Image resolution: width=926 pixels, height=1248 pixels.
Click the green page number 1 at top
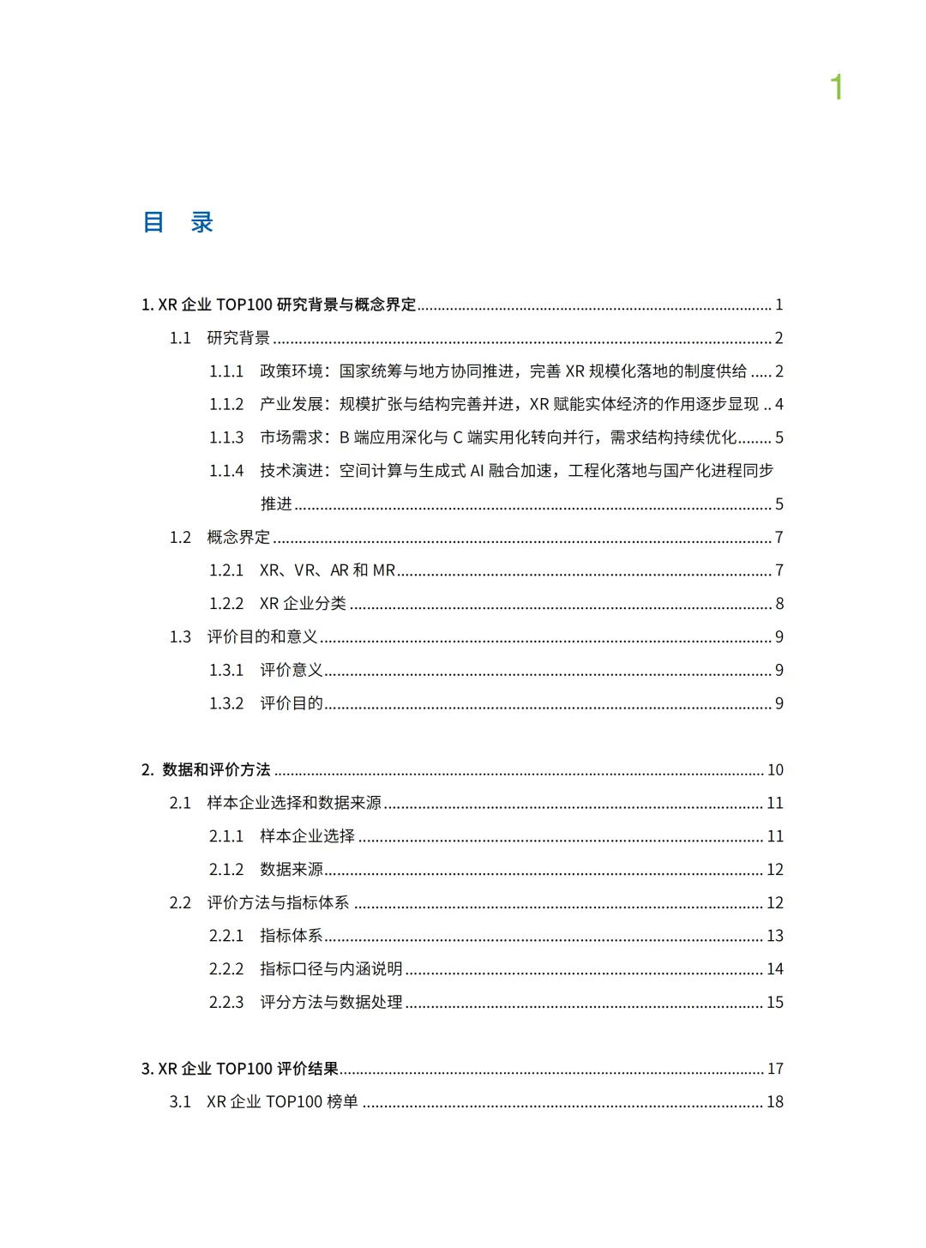[837, 87]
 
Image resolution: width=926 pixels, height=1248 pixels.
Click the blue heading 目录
[177, 222]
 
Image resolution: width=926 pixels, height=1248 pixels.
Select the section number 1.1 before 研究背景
[180, 338]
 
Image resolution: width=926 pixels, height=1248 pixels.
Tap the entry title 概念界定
[238, 537]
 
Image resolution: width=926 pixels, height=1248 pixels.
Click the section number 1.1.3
[226, 437]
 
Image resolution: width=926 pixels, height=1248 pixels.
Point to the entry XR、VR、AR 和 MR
[328, 570]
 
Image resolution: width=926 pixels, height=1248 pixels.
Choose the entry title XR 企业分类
[303, 604]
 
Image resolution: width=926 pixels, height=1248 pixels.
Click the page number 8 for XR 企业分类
[779, 604]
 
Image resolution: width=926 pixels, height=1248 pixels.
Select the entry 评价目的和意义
[262, 636]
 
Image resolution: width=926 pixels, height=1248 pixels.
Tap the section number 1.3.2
[226, 703]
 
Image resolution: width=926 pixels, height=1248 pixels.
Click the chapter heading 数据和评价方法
[216, 769]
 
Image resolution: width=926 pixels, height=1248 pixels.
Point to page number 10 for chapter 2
[775, 769]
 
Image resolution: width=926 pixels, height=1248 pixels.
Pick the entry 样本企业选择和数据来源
[294, 803]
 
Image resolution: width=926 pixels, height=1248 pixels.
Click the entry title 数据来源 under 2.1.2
[292, 869]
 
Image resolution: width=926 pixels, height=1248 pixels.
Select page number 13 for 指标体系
[775, 936]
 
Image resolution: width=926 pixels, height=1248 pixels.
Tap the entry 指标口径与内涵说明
[331, 968]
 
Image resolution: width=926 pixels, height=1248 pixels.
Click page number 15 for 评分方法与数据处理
[775, 1002]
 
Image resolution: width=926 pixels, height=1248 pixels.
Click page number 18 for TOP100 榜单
[775, 1101]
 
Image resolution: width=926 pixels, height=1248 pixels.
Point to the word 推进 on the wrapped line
[276, 503]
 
